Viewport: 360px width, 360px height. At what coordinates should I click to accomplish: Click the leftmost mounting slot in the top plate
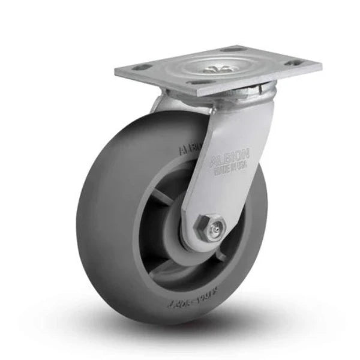click(139, 68)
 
